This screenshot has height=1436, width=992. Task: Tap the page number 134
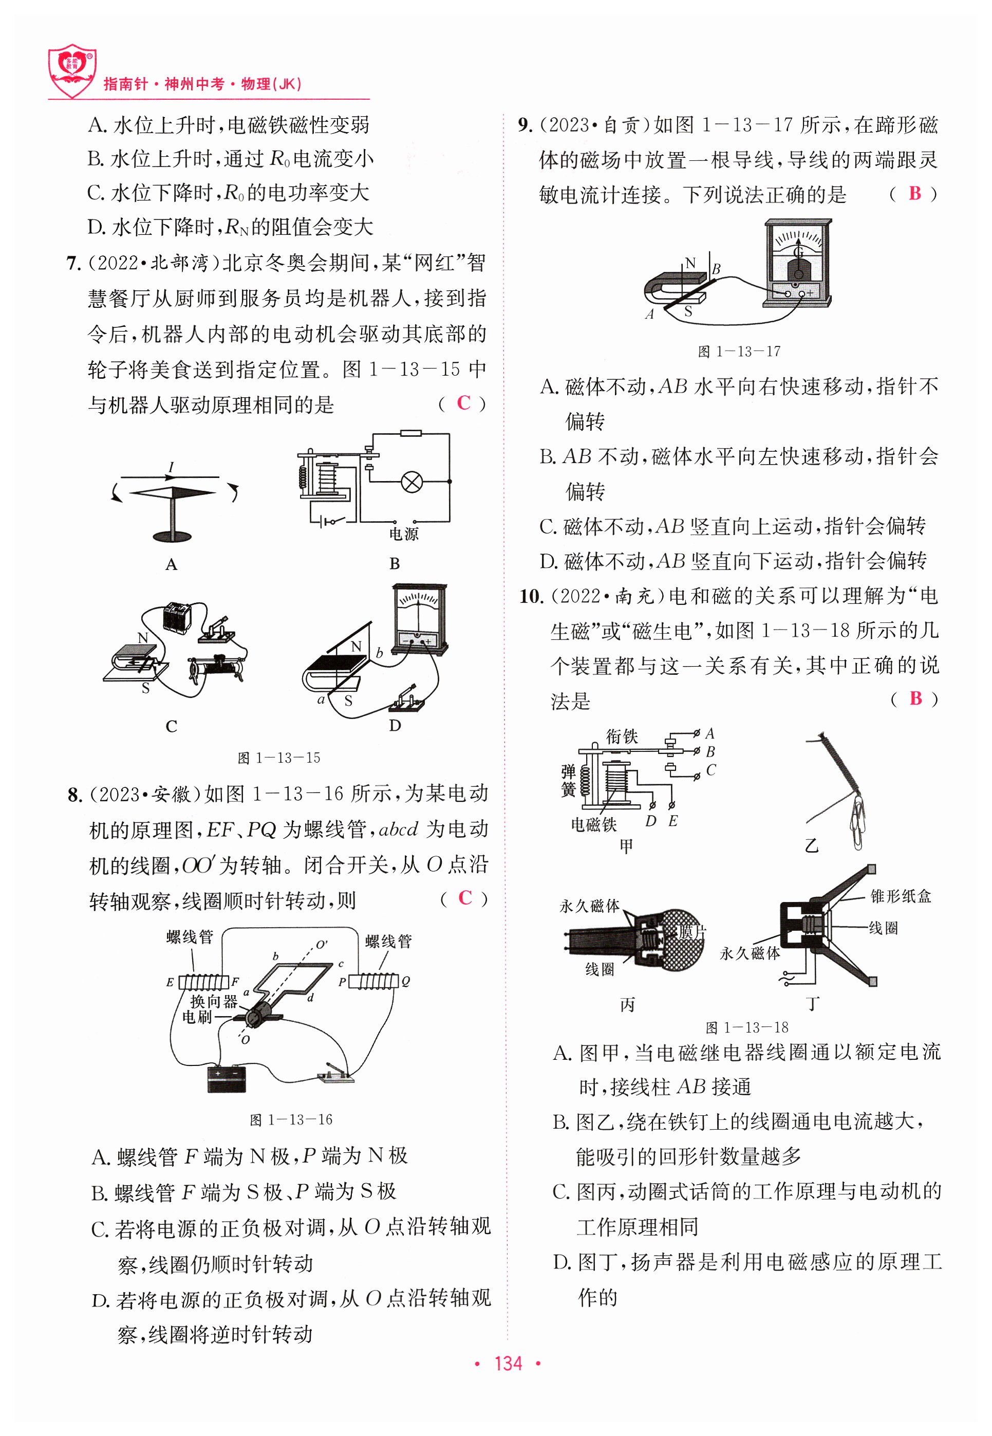pos(507,1363)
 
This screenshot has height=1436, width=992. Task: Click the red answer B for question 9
pos(914,193)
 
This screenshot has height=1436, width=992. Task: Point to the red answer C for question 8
pos(465,898)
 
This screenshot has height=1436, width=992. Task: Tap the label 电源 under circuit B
pos(403,534)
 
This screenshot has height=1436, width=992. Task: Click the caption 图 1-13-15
pos(279,758)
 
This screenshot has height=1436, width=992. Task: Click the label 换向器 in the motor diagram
pos(213,1001)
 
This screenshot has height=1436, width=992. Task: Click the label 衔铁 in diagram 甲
pos(621,737)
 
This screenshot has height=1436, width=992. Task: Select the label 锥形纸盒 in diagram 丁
pos(900,896)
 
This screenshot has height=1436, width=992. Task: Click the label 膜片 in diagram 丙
pos(692,932)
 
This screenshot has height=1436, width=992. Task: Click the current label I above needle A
pos(171,467)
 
